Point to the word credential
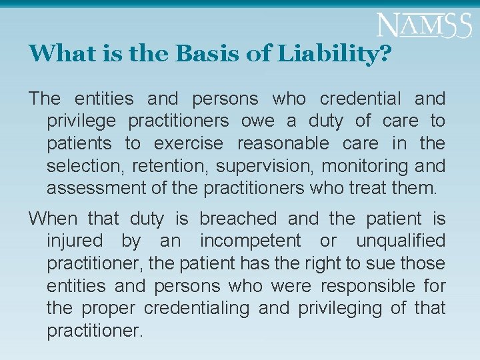(361, 99)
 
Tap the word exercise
(189, 143)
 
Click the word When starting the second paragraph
(53, 219)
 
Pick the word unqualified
(401, 241)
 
